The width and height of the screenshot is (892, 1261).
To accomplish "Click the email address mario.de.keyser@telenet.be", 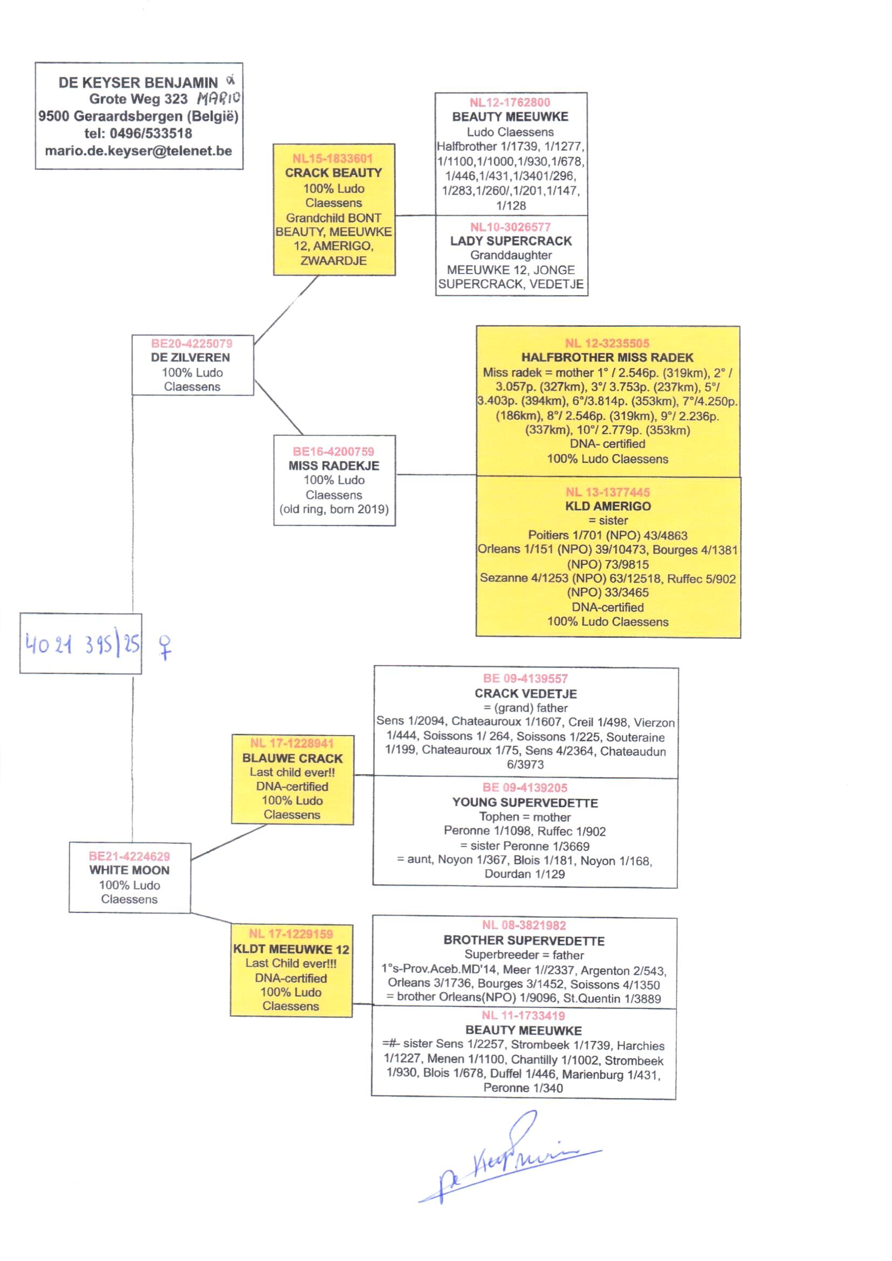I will (x=139, y=151).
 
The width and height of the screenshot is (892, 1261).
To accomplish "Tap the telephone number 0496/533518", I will (x=151, y=133).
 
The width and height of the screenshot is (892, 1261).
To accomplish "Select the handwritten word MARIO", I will (x=218, y=99).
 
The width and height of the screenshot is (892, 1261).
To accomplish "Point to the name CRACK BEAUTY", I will (x=333, y=173).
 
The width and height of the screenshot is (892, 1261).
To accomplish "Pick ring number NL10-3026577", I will (x=510, y=227).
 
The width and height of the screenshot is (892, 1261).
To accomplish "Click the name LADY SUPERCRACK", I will (x=511, y=241).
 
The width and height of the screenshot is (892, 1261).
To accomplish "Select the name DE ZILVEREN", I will (x=190, y=358).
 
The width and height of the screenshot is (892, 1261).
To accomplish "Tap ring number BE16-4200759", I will (x=333, y=452).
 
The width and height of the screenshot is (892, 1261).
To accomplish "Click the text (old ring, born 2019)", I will (x=334, y=509).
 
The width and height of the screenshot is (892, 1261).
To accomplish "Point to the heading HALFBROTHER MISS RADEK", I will (x=607, y=358).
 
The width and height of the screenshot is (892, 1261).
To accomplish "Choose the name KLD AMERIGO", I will (x=608, y=507).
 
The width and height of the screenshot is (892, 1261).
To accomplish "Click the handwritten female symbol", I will (x=165, y=646).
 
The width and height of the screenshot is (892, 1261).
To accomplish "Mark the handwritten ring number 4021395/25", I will (x=82, y=644).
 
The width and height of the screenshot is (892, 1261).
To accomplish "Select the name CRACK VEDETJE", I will (x=526, y=694).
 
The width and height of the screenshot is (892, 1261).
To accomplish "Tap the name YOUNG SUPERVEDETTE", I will (x=525, y=803).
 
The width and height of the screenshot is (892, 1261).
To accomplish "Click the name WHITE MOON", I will (x=129, y=870).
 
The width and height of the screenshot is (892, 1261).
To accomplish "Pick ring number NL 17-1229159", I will (x=291, y=934).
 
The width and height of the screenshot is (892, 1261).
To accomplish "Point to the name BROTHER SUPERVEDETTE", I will (x=524, y=940).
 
